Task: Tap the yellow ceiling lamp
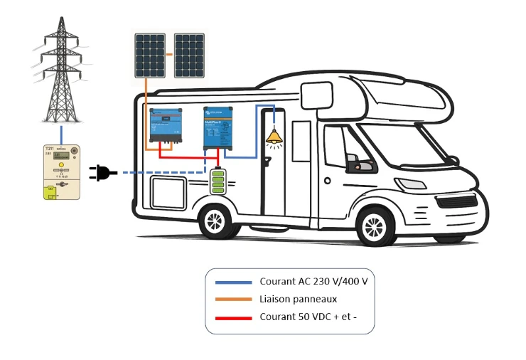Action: pos(273,137)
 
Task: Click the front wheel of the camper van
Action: pos(375,228)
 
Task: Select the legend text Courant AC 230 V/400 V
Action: pos(313,281)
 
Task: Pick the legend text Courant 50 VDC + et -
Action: pos(308,317)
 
